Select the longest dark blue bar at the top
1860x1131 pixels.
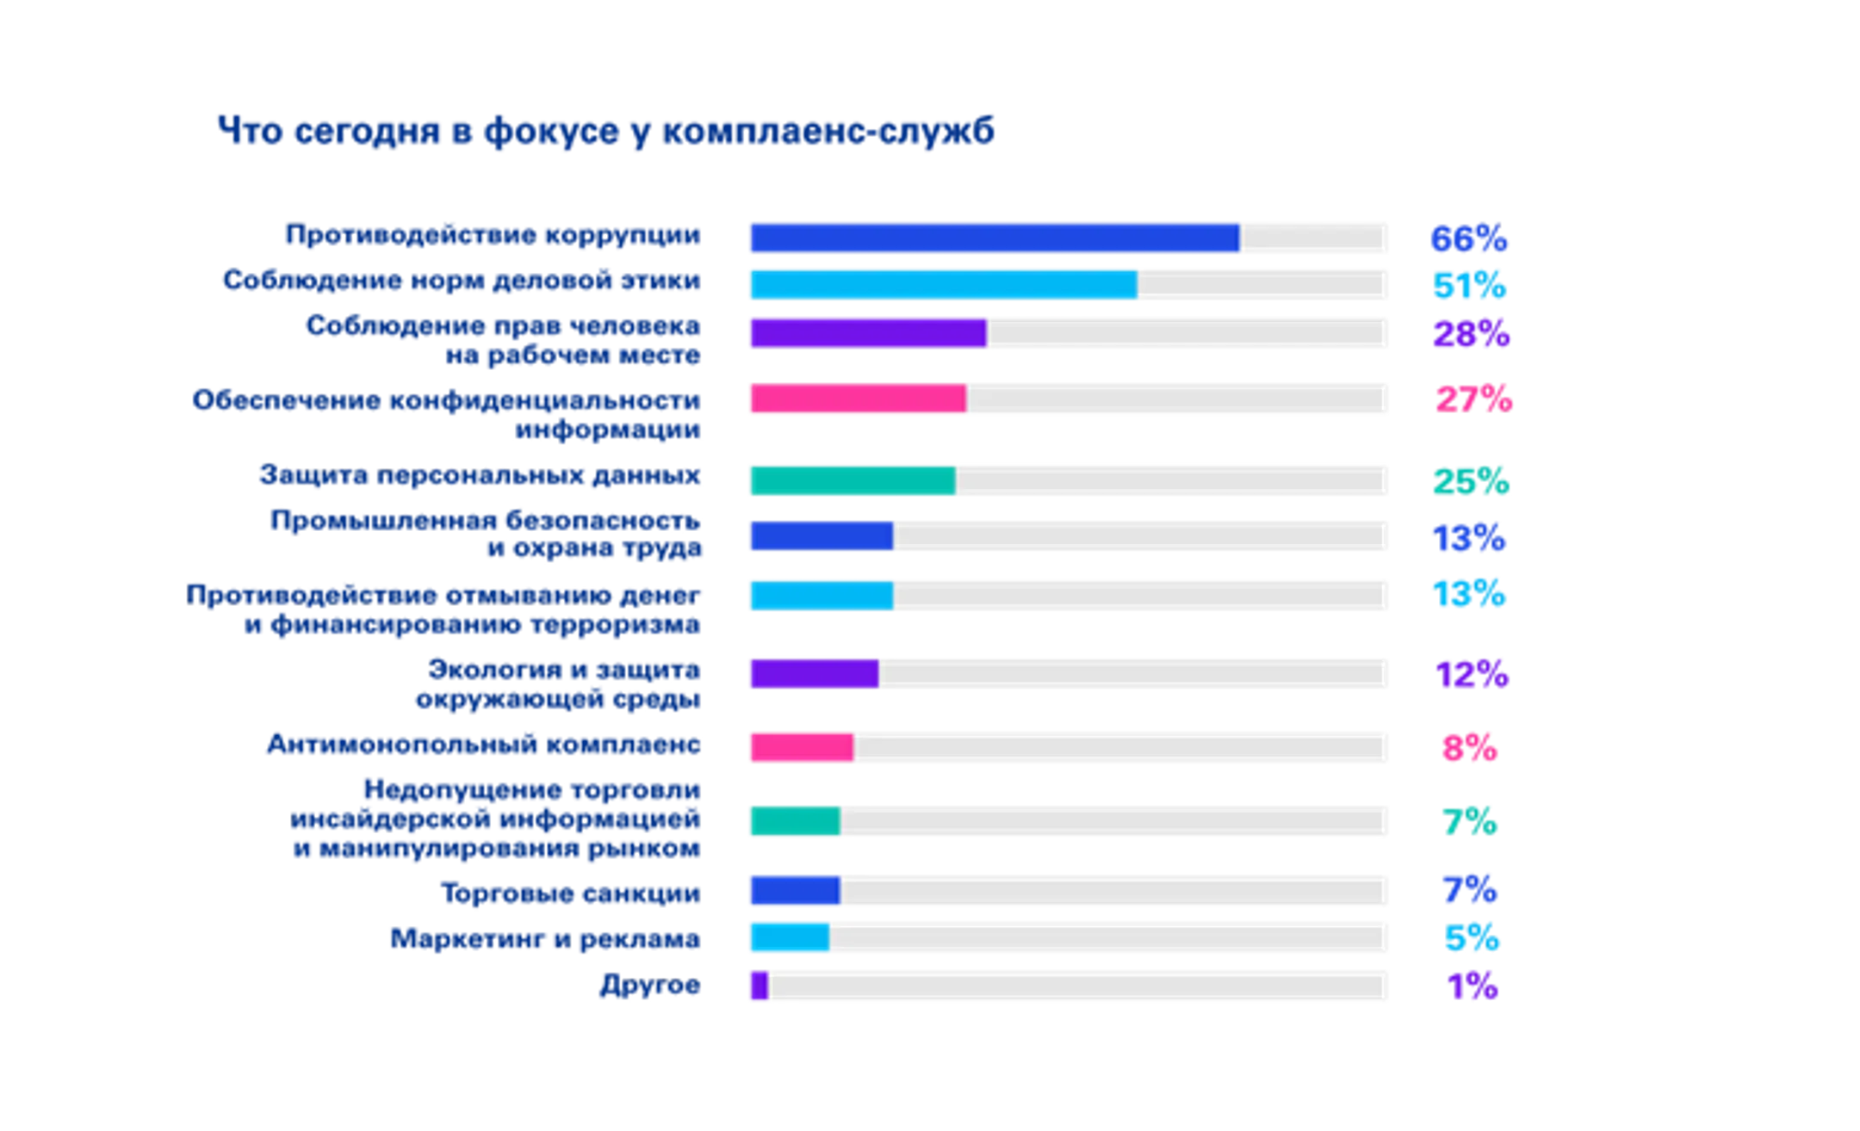[x=992, y=238]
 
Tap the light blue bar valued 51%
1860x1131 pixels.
[x=941, y=284]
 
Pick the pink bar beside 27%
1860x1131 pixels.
[x=856, y=399]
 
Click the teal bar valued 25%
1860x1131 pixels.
[x=851, y=480]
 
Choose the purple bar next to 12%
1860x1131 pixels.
[x=812, y=673]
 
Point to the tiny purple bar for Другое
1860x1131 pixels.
[x=758, y=986]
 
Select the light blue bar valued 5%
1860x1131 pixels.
[x=788, y=937]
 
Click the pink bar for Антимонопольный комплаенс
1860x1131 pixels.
[x=799, y=747]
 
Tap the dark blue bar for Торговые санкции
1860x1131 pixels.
[x=793, y=889]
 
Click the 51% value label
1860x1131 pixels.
[x=1470, y=285]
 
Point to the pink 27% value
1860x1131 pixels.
[x=1472, y=399]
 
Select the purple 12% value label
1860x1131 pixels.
[x=1472, y=674]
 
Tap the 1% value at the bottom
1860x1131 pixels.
[x=1473, y=986]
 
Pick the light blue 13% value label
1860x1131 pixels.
[x=1469, y=594]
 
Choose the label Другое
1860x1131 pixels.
[x=651, y=986]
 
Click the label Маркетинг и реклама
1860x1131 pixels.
[x=545, y=938]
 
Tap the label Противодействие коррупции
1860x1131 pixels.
[x=493, y=235]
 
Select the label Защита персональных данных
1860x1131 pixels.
[x=480, y=478]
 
